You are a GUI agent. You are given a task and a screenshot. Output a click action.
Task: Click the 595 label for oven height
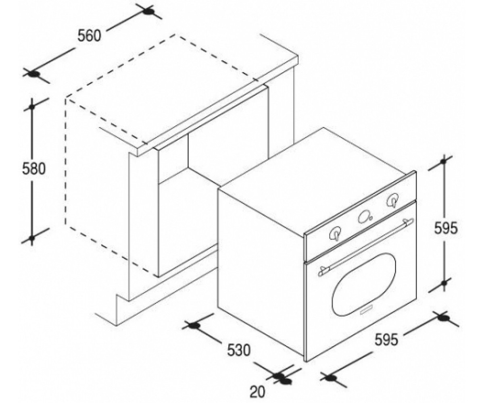click(x=446, y=228)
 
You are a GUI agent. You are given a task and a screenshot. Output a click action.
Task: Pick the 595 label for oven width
click(x=387, y=340)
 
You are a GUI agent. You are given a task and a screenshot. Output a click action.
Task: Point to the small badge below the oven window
click(x=366, y=311)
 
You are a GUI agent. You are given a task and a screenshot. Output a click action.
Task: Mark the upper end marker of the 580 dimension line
click(x=32, y=107)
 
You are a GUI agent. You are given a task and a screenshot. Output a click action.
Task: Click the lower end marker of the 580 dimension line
click(x=32, y=238)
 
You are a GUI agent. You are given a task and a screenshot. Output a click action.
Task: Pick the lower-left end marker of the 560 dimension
click(x=34, y=75)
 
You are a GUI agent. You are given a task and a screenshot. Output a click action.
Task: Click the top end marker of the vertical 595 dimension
click(x=443, y=161)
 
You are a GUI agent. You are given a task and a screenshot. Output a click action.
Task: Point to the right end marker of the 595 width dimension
click(x=443, y=318)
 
